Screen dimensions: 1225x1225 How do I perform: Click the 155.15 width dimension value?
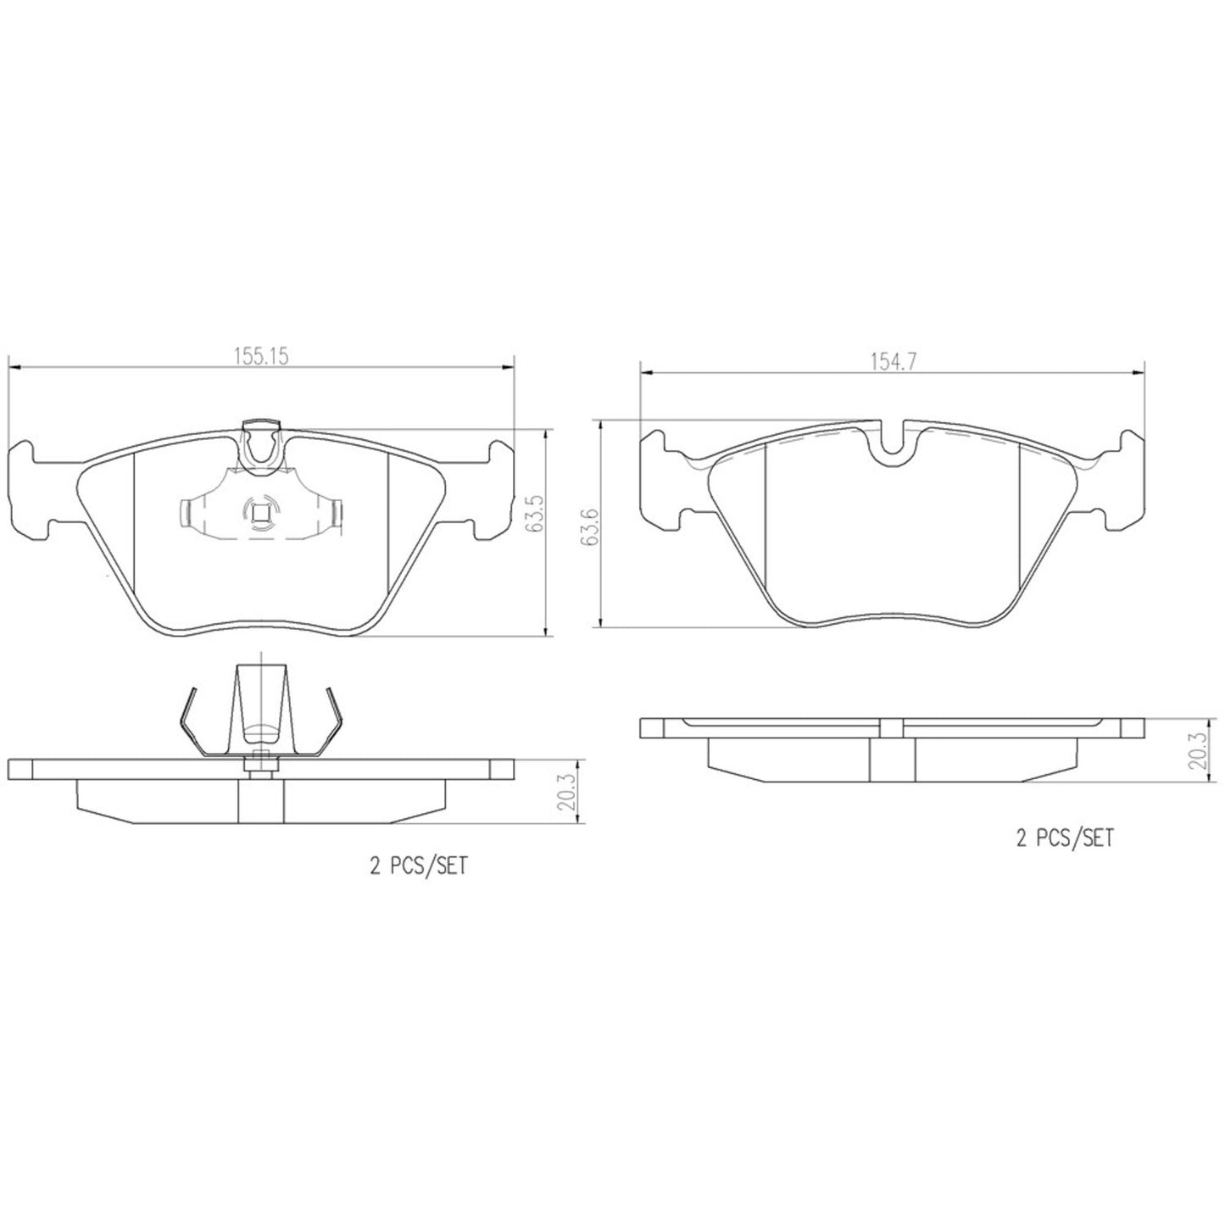tap(262, 357)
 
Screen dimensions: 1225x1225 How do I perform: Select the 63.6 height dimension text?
tap(591, 526)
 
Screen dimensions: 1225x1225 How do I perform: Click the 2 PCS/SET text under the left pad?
tap(418, 866)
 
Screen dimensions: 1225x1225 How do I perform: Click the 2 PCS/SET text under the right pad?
tap(1064, 838)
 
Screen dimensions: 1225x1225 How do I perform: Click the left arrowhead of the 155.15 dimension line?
tap(12, 367)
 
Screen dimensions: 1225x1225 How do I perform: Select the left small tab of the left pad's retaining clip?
tap(188, 511)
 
